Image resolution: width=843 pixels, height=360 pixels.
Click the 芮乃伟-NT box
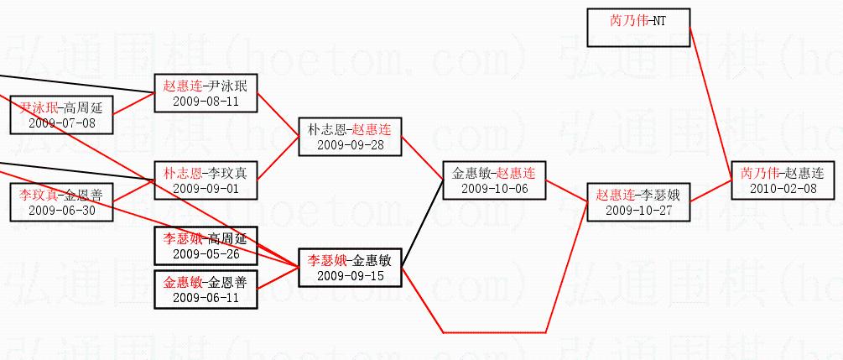click(x=637, y=26)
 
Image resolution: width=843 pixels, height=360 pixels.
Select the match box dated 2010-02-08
click(x=782, y=180)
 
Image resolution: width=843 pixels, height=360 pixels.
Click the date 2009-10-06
click(x=493, y=188)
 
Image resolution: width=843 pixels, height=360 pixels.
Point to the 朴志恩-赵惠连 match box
click(x=350, y=137)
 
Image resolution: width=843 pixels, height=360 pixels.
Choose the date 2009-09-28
click(x=350, y=144)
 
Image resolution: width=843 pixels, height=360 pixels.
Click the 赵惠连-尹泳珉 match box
click(x=206, y=93)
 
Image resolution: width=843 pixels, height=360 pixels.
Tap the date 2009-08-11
click(x=206, y=101)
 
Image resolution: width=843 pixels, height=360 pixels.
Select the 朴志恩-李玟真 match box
click(x=206, y=180)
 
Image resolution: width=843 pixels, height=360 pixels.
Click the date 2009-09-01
click(x=206, y=188)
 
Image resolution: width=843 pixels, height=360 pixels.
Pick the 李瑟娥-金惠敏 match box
click(x=350, y=267)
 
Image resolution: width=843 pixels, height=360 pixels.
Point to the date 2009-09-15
click(x=350, y=274)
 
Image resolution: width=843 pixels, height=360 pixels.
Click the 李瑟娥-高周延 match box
click(x=206, y=246)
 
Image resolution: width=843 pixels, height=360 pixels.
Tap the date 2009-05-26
click(x=206, y=253)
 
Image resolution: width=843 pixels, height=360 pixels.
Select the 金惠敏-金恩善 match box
click(x=206, y=289)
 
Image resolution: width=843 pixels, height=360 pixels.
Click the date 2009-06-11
click(x=206, y=296)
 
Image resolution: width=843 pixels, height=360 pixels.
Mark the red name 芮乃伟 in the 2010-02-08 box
click(x=759, y=173)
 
